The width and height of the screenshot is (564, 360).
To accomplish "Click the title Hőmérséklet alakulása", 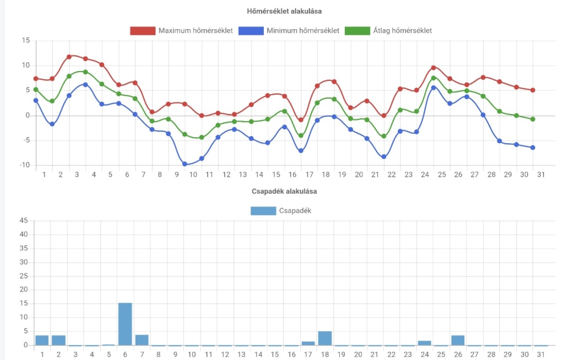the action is [x=284, y=11].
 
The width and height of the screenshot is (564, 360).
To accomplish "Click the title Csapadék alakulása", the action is [x=284, y=192].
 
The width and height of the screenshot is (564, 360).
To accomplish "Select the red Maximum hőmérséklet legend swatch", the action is [x=143, y=31].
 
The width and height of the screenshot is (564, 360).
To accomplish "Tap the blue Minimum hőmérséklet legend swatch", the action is [x=251, y=31].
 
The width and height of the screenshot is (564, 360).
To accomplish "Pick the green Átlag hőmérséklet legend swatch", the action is [x=357, y=31].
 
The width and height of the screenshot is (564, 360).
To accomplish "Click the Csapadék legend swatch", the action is [x=263, y=211].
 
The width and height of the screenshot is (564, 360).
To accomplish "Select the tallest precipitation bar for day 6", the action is [x=125, y=324].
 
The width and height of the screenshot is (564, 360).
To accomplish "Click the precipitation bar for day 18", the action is [x=325, y=339].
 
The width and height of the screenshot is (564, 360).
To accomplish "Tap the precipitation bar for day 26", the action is [x=458, y=341].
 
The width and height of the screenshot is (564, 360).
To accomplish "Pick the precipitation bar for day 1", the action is [x=42, y=341].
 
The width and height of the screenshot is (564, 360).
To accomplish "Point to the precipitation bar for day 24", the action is [x=425, y=343].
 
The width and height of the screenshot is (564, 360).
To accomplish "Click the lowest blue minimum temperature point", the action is [x=185, y=164].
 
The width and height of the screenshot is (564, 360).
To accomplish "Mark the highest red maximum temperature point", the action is [x=69, y=57].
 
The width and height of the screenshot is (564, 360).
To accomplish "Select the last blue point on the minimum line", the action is [x=533, y=148].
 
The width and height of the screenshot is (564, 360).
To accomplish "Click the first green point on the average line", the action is [x=36, y=90].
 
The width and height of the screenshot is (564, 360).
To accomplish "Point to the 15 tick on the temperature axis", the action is [x=25, y=40].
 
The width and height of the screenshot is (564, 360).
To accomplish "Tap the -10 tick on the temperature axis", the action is [x=24, y=165].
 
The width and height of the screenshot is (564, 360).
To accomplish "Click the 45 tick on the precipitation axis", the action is [x=24, y=221].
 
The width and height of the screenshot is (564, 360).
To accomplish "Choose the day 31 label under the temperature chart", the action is [x=541, y=174].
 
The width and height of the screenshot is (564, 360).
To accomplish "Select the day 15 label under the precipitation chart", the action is [x=275, y=354].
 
